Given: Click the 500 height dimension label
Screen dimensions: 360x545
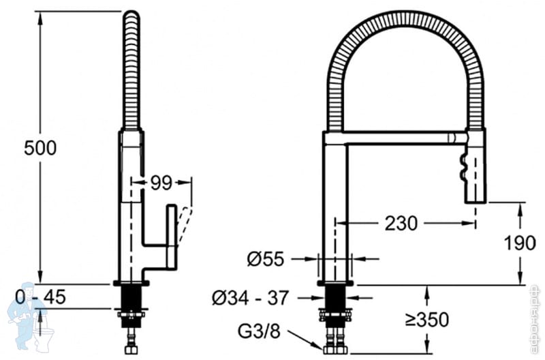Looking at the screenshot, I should click(40, 147).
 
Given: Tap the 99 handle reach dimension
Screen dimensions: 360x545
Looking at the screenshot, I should click(161, 182).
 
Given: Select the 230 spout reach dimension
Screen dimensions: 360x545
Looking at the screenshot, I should click(402, 223).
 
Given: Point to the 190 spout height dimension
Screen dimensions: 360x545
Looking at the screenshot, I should click(520, 242).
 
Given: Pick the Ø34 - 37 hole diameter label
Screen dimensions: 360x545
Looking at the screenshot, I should click(251, 298).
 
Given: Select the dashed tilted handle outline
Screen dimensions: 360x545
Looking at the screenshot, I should click(185, 225).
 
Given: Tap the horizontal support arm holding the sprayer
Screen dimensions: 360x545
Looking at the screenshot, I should click(395, 138).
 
